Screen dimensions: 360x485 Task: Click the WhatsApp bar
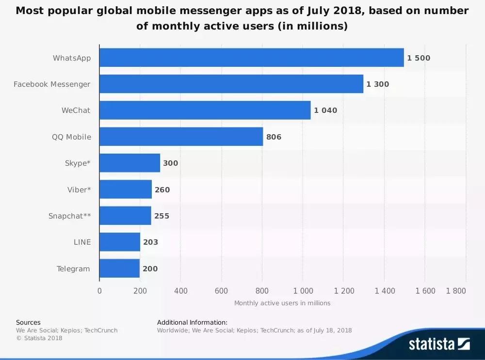point(251,58)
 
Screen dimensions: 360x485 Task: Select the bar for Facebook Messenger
point(231,84)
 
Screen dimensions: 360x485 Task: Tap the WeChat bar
point(205,110)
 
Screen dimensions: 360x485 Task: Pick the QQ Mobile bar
point(181,137)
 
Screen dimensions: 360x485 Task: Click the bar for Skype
point(129,163)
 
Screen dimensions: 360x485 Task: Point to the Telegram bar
point(119,268)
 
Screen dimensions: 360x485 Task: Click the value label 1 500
point(419,58)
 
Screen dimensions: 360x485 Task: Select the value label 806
point(274,137)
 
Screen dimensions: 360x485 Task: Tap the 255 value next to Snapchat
point(162,216)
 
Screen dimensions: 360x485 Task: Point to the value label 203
point(150,242)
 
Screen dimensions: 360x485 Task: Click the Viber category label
point(79,189)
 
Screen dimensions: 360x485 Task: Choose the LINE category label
point(82,242)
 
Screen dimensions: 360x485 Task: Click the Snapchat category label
point(69,216)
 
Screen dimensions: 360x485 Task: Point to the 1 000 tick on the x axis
point(302,291)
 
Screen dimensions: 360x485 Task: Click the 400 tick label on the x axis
point(180,291)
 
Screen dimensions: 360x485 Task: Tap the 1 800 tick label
point(456,291)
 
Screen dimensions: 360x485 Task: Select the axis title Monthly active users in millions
point(282,303)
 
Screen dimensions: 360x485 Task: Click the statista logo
point(439,344)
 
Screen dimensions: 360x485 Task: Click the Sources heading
point(28,322)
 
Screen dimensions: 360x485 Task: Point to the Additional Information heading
point(192,322)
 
